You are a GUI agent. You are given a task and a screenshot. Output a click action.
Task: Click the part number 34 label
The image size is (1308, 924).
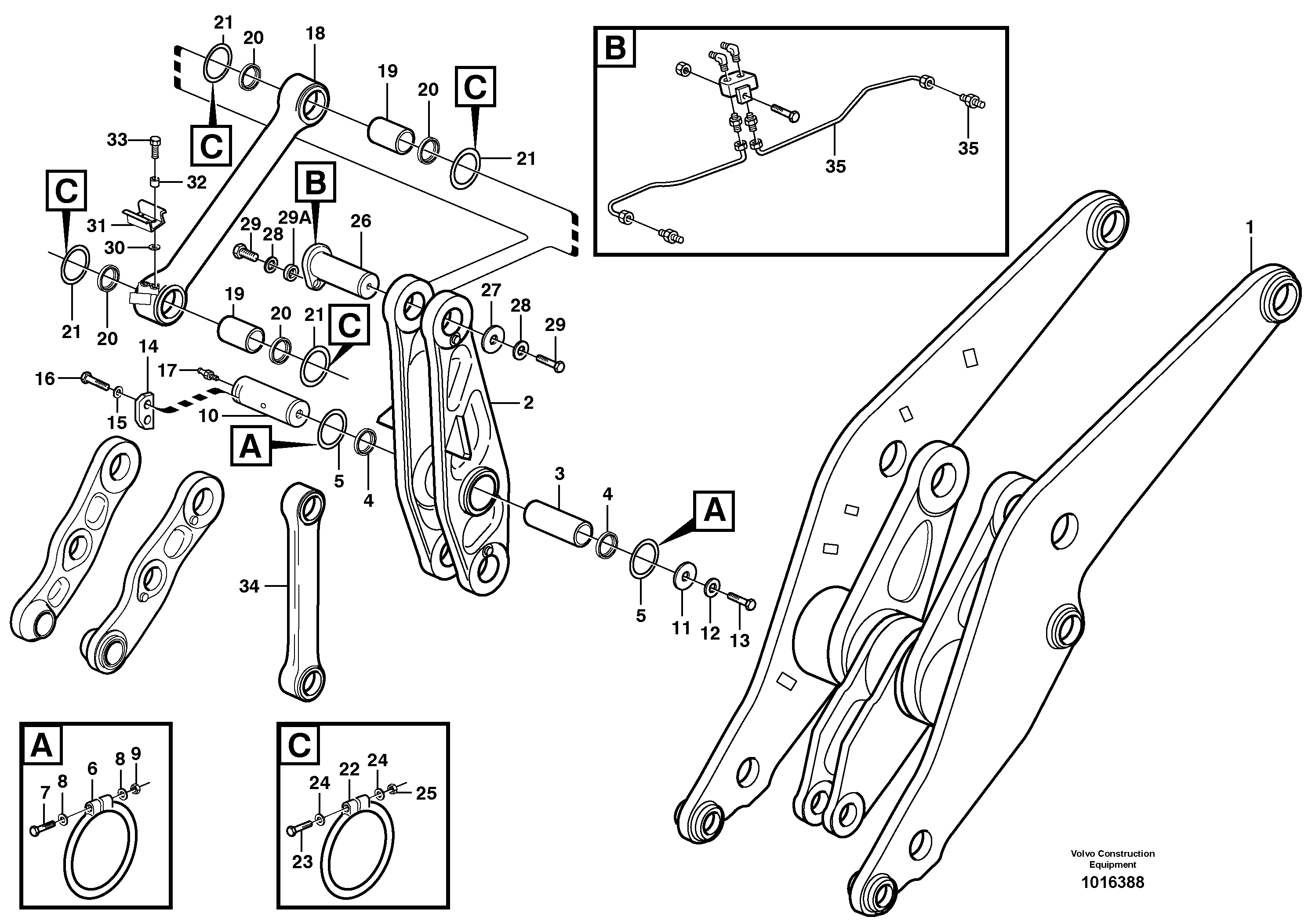pos(249,586)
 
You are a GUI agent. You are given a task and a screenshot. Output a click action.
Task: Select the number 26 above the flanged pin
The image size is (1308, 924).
pos(360,221)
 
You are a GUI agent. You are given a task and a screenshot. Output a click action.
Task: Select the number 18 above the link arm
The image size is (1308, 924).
pos(315,33)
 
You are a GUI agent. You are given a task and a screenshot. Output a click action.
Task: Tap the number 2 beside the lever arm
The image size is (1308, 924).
pos(528,403)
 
